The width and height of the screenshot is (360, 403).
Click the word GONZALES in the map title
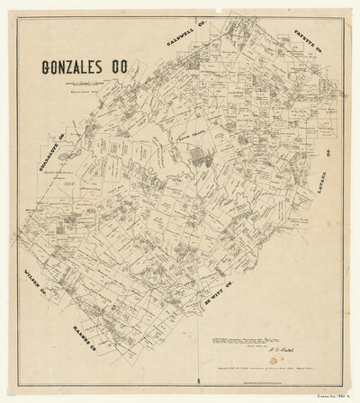pyautogui.click(x=77, y=69)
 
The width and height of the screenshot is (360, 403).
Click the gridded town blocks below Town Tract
pyautogui.click(x=199, y=163)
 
